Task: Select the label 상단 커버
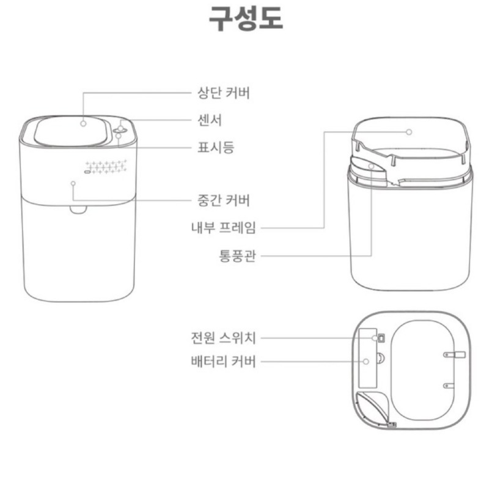pyautogui.click(x=224, y=93)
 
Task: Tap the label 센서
pyautogui.click(x=210, y=120)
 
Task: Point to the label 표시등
pyautogui.click(x=216, y=147)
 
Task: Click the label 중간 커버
pyautogui.click(x=224, y=200)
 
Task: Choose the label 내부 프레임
pyautogui.click(x=224, y=228)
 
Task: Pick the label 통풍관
pyautogui.click(x=237, y=256)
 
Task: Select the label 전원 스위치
pyautogui.click(x=224, y=338)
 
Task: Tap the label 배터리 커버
pyautogui.click(x=224, y=361)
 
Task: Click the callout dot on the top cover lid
pyautogui.click(x=83, y=123)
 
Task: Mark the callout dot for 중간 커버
pyautogui.click(x=73, y=183)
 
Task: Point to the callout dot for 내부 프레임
pyautogui.click(x=409, y=131)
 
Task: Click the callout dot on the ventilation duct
pyautogui.click(x=371, y=166)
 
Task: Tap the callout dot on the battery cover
pyautogui.click(x=366, y=362)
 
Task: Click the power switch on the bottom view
pyautogui.click(x=381, y=338)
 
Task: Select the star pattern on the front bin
pyautogui.click(x=106, y=167)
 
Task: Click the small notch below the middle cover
pyautogui.click(x=78, y=210)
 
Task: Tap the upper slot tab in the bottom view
pyautogui.click(x=454, y=355)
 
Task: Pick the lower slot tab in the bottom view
pyautogui.click(x=449, y=385)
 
